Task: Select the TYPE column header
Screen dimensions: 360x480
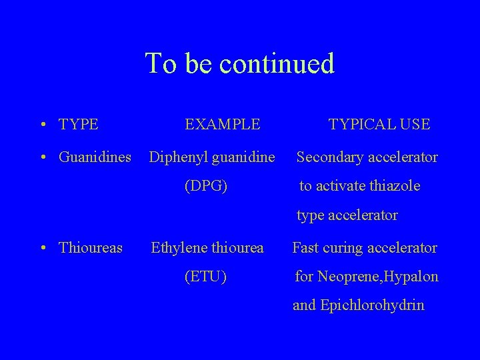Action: point(79,124)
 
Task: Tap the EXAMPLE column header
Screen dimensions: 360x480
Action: point(222,124)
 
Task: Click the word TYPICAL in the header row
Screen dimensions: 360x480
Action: point(361,124)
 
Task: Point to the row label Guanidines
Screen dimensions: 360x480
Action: point(95,157)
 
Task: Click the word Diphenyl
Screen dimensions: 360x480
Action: point(177,157)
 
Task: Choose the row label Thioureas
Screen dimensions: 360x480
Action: point(91,248)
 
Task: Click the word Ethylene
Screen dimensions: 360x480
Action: point(178,248)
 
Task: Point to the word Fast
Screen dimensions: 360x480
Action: point(306,248)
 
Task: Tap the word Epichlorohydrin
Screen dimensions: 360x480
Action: point(372,305)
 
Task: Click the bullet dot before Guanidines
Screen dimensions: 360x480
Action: point(43,158)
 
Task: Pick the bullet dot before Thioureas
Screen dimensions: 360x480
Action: point(43,249)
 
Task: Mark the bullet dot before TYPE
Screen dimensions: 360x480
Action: point(43,125)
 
